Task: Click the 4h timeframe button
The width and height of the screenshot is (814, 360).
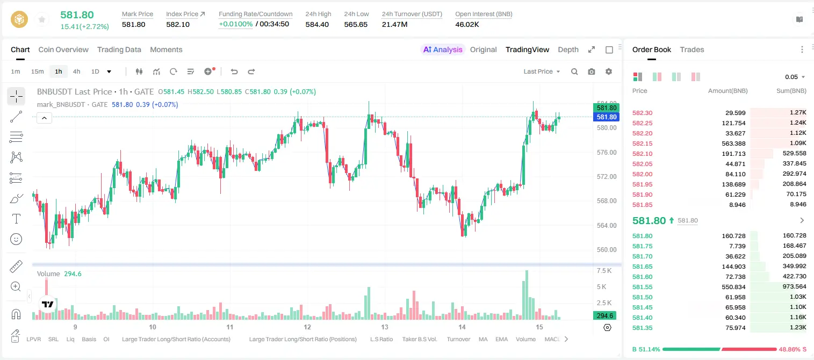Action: coord(76,71)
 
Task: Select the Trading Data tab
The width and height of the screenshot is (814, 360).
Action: coord(119,49)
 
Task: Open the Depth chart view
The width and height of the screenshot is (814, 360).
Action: coord(568,49)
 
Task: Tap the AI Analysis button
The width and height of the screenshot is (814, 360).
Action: coord(443,49)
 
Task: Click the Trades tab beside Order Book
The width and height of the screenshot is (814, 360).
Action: coord(692,49)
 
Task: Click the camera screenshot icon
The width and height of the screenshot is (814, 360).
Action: coord(592,71)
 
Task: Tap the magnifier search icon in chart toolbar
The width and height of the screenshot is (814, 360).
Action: coord(574,71)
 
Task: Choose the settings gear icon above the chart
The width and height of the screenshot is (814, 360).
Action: coord(609,71)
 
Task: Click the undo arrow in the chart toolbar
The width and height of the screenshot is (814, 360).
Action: coord(234,71)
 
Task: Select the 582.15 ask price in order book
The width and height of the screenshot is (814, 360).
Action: coord(642,143)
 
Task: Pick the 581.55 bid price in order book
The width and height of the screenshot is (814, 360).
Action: coord(642,287)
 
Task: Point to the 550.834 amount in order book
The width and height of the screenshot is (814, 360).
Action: coord(733,287)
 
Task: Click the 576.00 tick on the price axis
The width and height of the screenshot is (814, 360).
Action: coord(607,152)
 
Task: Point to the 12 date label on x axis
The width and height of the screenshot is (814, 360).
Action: coord(307,327)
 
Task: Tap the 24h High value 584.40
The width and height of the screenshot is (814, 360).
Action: coord(317,24)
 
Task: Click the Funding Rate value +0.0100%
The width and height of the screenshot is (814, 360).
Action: coord(235,24)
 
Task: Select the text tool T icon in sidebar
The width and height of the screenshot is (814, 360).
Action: coord(16,219)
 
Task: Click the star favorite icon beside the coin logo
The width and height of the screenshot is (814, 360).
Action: coord(42,19)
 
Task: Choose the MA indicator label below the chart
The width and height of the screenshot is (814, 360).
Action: coord(483,339)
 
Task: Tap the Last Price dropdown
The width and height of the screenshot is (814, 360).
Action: coord(542,71)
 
